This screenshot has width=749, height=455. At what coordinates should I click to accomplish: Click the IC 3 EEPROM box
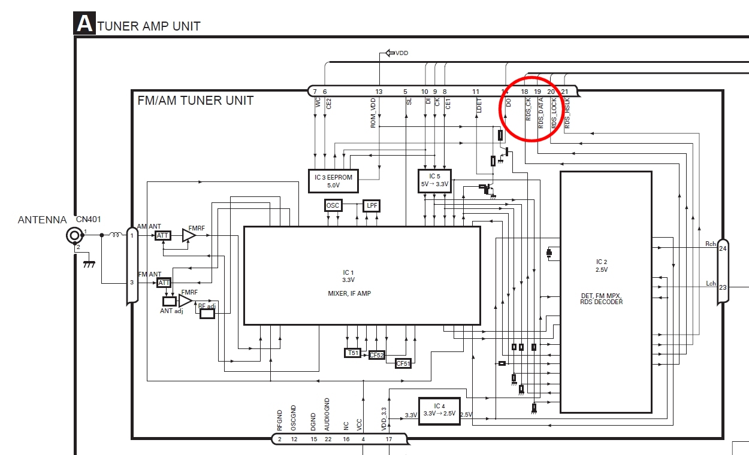[333, 180]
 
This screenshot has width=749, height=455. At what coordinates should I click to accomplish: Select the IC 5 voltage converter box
[434, 180]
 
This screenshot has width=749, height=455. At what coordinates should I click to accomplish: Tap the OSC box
[333, 205]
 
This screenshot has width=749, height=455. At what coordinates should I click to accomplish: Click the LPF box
[372, 205]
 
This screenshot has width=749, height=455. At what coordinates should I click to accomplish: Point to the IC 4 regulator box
[439, 410]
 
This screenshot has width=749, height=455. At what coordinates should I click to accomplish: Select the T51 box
[352, 353]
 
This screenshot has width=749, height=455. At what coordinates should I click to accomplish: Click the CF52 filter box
[376, 355]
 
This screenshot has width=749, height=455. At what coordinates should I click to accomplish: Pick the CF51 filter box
[403, 363]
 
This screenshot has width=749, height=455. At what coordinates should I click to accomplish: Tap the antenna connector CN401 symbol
[74, 235]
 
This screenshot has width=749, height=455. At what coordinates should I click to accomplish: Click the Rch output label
[710, 244]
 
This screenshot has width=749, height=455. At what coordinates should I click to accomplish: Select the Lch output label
[711, 283]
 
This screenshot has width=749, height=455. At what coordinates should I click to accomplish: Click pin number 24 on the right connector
[723, 248]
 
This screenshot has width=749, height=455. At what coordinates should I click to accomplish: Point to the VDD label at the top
[401, 53]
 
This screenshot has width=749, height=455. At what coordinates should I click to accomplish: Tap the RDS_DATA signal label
[540, 114]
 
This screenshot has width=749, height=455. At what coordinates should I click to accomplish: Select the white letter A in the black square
[84, 24]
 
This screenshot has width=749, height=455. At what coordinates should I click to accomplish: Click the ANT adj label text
[171, 311]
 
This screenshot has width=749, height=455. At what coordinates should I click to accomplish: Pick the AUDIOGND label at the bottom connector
[327, 414]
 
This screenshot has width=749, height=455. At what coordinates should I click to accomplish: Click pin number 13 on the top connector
[379, 92]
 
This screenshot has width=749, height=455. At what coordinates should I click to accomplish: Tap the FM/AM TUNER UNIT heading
[195, 101]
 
